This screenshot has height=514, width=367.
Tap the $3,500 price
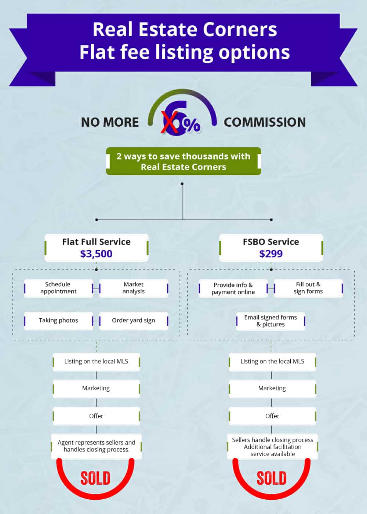point(96,254)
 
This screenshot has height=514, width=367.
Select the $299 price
point(271,254)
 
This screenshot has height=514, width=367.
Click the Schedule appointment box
point(58,288)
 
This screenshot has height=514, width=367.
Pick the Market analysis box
point(134,288)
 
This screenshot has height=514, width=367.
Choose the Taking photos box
point(58,321)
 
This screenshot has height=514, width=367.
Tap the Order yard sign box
point(134,321)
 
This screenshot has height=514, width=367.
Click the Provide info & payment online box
point(233,289)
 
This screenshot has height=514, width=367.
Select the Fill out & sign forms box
point(308,288)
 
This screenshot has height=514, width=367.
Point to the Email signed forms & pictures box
point(271,321)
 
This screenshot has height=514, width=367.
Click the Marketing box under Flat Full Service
point(96,389)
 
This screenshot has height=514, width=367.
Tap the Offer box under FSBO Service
point(272,416)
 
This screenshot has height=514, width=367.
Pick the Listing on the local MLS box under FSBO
point(272,362)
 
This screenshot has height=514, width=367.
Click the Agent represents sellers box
point(96,446)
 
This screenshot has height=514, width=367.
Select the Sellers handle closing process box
point(272,446)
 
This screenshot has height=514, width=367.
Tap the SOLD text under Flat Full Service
point(95,478)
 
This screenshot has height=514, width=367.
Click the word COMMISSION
point(265,122)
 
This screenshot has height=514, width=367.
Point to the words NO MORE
point(110,122)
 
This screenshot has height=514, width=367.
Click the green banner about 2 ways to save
point(183,161)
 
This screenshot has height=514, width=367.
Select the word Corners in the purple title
point(240,29)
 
